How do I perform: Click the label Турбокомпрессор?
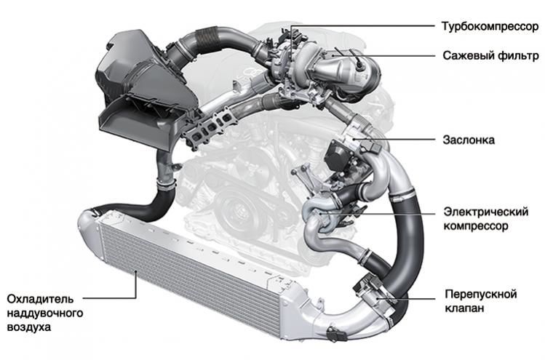[x=490, y=26]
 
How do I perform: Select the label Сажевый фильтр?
[x=490, y=55]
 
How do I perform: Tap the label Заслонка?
[x=468, y=140]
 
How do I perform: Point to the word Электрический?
[x=485, y=212]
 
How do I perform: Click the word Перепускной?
[x=481, y=295]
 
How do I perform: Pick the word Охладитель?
[x=40, y=299]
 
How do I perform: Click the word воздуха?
[x=29, y=327]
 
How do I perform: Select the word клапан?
[x=464, y=308]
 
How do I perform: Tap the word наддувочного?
[x=45, y=313]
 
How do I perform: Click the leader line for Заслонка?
[x=394, y=140]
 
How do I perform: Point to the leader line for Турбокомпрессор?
[x=362, y=25]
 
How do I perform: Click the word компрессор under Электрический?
[x=476, y=226]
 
